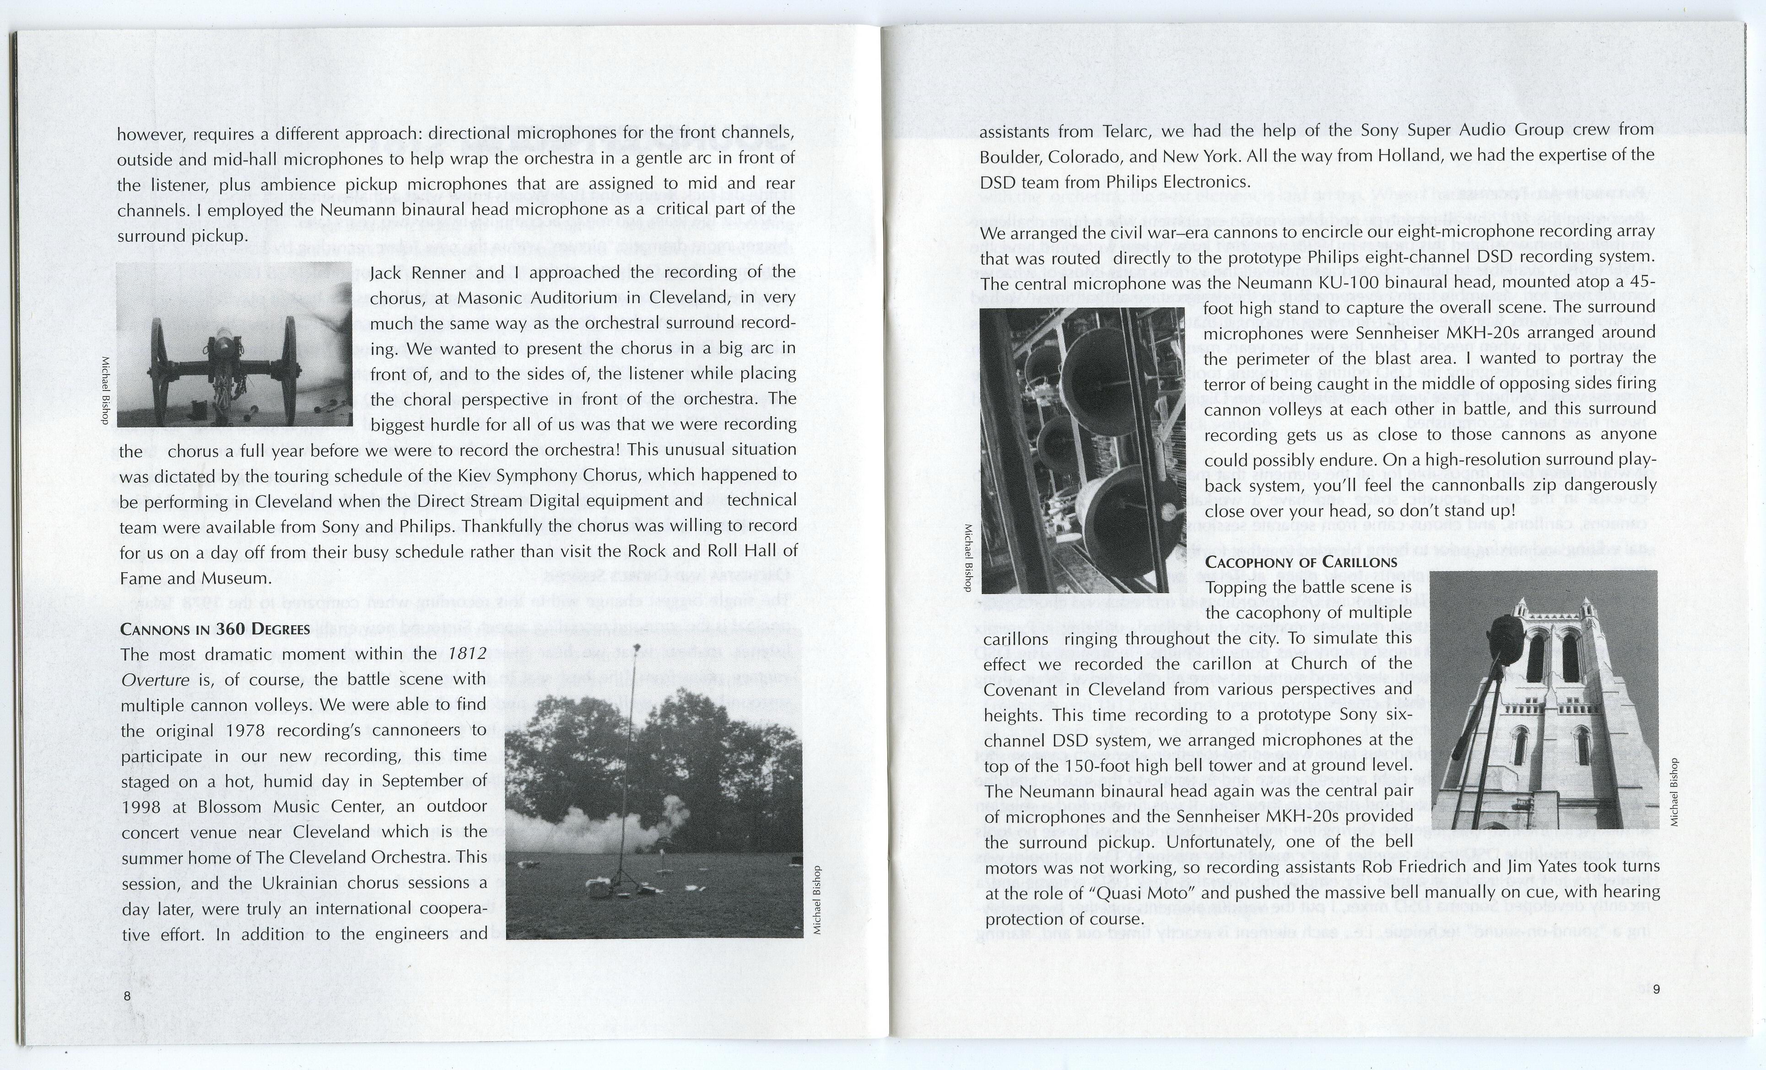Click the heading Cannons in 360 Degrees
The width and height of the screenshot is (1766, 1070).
coord(215,630)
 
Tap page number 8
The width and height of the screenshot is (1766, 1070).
coord(127,996)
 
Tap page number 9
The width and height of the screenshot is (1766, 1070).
coord(1656,990)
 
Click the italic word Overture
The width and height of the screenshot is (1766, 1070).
coord(156,679)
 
